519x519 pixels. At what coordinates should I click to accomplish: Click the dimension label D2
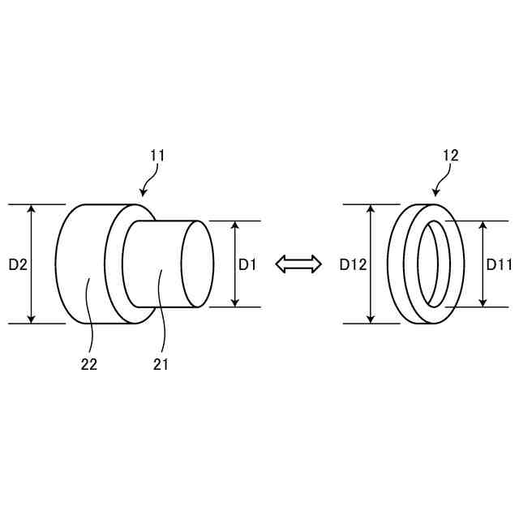(x=19, y=264)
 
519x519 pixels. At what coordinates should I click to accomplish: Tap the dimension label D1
(x=247, y=264)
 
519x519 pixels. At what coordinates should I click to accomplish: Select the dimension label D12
(x=354, y=264)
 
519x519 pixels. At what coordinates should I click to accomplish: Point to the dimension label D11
(x=500, y=264)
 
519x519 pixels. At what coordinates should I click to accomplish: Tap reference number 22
(x=89, y=364)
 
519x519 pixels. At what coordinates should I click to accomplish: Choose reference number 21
(x=161, y=364)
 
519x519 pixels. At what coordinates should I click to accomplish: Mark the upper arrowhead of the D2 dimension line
(x=32, y=209)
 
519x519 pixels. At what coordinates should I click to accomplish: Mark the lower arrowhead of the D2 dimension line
(x=32, y=319)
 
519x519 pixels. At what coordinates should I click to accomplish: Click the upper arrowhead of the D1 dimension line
(x=235, y=225)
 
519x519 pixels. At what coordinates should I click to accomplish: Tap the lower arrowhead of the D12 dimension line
(x=370, y=319)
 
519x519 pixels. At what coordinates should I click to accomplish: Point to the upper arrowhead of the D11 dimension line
(x=483, y=225)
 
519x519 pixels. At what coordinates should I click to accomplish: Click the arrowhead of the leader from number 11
(x=143, y=194)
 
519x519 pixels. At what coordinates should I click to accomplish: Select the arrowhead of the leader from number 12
(x=436, y=194)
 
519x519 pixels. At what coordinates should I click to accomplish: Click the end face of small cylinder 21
(x=197, y=264)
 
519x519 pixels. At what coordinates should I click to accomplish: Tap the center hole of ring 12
(x=427, y=264)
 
